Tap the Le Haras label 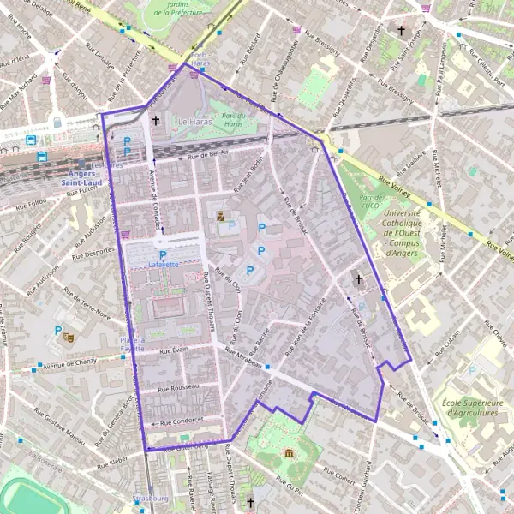click(194, 123)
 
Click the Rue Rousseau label click(178, 387)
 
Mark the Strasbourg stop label click(152, 498)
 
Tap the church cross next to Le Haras click(155, 121)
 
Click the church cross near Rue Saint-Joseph click(400, 30)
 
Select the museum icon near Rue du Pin click(289, 452)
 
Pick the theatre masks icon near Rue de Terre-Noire click(69, 338)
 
